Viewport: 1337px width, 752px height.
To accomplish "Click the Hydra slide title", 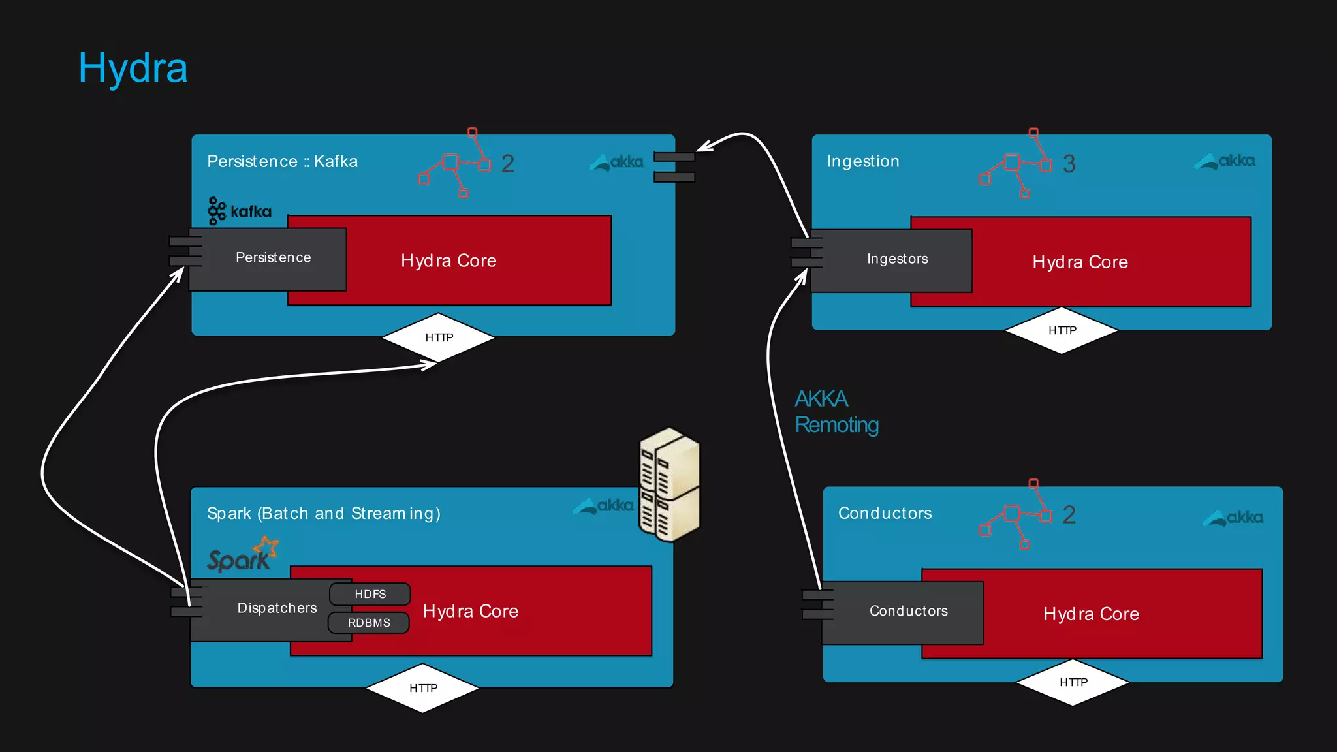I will pos(133,68).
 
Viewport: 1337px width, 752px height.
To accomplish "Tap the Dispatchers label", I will pos(277,608).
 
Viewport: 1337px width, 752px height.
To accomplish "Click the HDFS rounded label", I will pos(370,594).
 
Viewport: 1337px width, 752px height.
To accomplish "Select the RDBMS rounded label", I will pos(369,623).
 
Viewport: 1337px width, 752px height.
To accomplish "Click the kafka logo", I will pos(240,211).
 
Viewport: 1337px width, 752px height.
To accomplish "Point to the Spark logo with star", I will pos(242,556).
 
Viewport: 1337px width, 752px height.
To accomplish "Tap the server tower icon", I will pos(669,484).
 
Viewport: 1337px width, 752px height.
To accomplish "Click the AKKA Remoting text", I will pos(836,412).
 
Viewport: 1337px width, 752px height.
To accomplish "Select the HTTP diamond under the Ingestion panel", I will pos(1062,330).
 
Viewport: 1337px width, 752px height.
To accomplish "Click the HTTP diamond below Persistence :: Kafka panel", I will pos(439,337).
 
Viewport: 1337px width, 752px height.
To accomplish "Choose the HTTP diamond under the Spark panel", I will pos(423,688).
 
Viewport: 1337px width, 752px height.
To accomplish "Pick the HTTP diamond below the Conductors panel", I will pos(1073,682).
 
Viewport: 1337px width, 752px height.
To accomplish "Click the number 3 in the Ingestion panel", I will pos(1069,164).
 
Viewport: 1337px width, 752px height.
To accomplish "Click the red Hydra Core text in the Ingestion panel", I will pos(1080,262).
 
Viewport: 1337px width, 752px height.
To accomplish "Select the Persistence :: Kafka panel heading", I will pos(282,161).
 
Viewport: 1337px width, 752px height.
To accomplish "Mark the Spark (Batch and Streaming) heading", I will pos(323,514).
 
